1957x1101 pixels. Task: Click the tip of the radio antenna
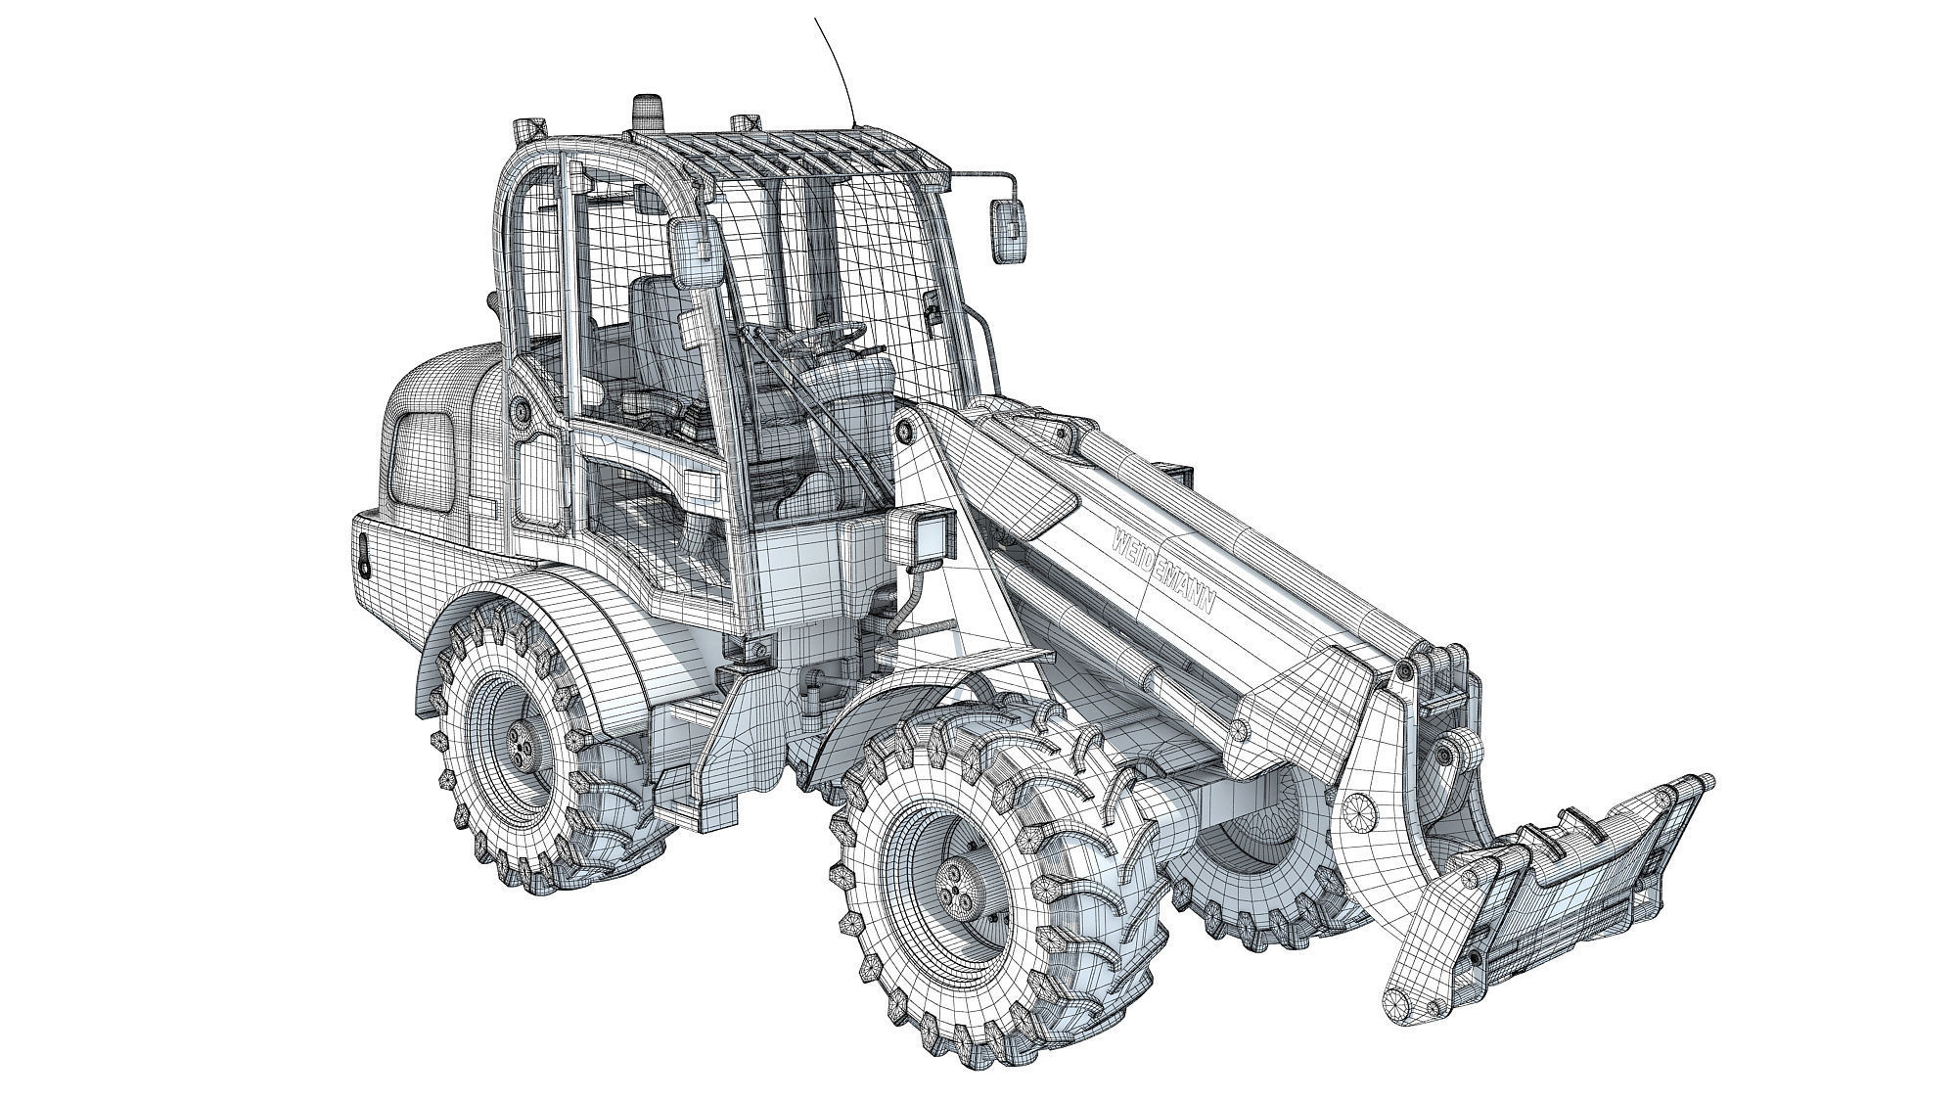click(x=816, y=20)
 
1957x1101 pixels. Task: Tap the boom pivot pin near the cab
click(x=904, y=430)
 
